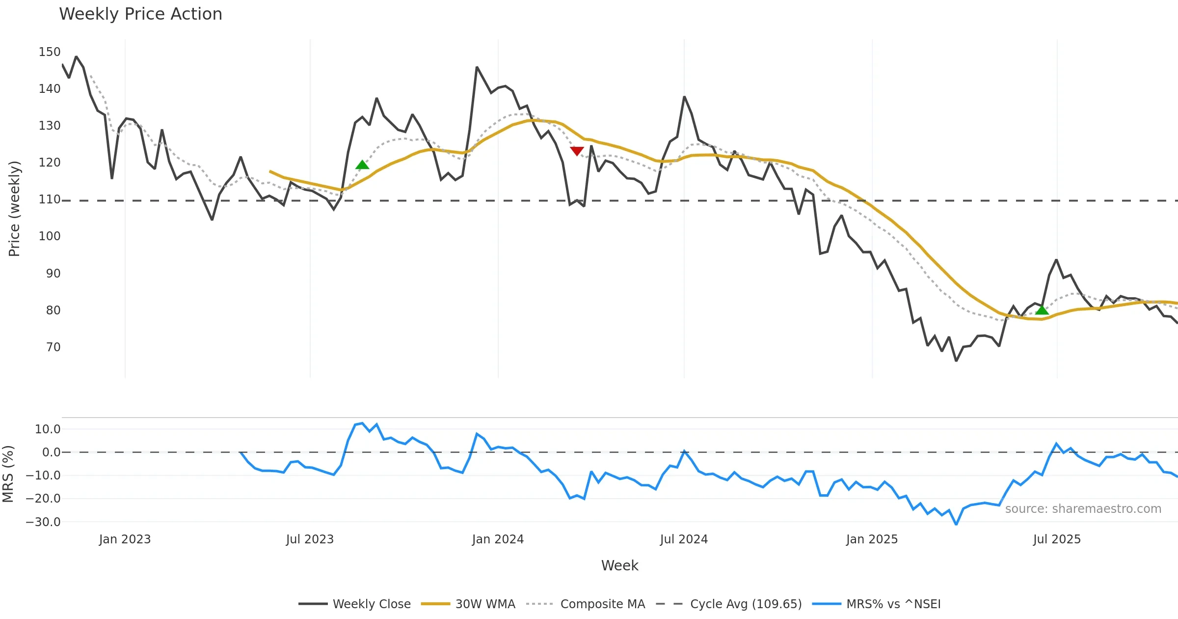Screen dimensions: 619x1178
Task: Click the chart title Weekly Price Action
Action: click(140, 14)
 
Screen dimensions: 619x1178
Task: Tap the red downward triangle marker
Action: click(577, 151)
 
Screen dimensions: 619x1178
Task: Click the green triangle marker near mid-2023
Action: click(362, 165)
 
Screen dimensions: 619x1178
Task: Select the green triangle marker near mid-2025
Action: click(1042, 310)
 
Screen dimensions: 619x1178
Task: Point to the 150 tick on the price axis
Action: click(50, 52)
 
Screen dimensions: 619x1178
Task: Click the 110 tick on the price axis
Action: click(50, 199)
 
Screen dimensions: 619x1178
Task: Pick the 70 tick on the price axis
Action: click(53, 347)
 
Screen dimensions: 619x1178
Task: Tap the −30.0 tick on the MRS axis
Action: click(43, 522)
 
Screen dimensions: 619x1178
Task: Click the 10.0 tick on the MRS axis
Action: click(48, 429)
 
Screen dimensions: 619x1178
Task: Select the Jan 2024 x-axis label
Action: click(498, 539)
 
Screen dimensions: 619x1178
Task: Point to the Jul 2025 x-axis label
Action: click(1057, 539)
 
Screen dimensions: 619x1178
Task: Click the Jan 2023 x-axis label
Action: click(125, 539)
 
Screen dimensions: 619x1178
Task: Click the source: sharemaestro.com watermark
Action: click(1083, 509)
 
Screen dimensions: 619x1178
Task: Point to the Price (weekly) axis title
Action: click(14, 209)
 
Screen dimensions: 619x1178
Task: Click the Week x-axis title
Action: click(619, 565)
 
